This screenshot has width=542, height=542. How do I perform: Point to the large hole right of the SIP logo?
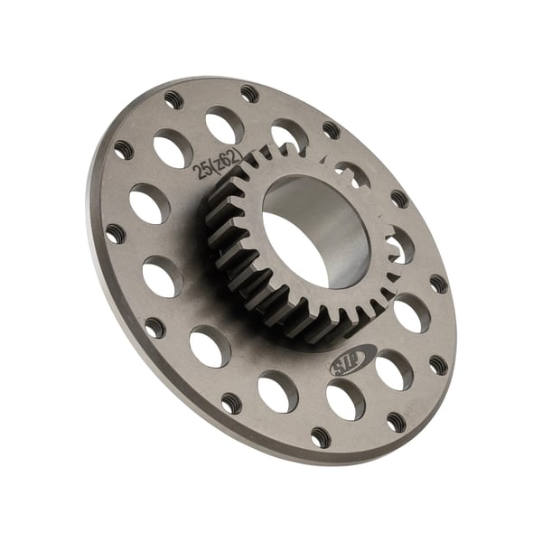pyautogui.click(x=393, y=369)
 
